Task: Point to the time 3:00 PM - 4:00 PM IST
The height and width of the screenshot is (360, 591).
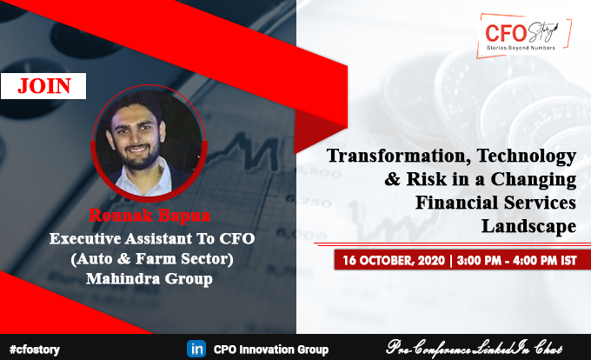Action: tap(515, 259)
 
